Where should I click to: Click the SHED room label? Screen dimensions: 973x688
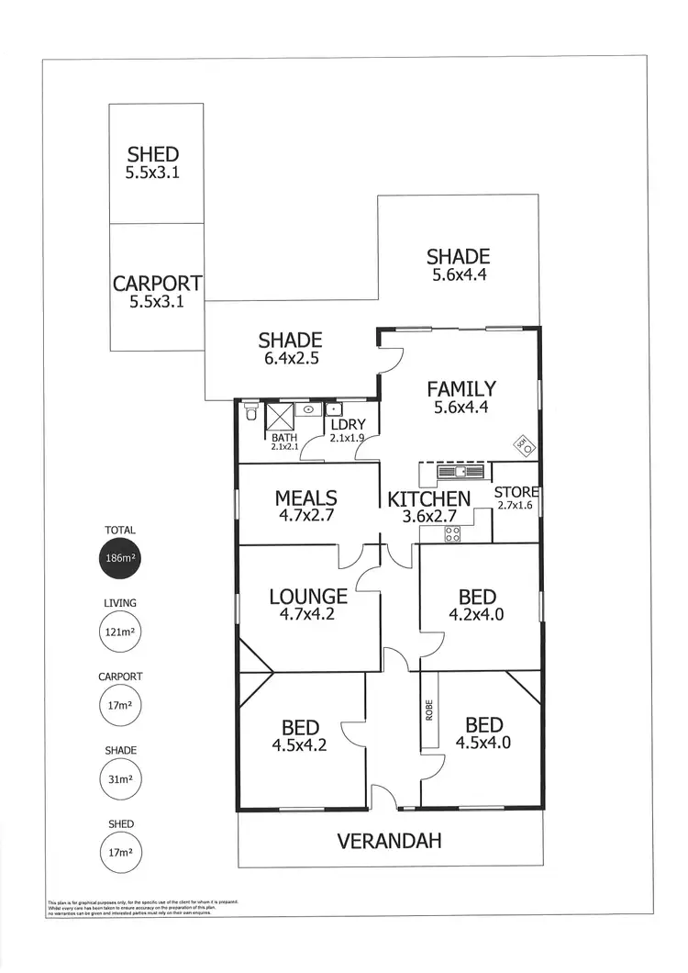click(x=153, y=154)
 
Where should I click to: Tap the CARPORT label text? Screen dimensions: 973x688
click(x=157, y=285)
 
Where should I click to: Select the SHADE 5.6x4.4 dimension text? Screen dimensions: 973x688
click(x=458, y=274)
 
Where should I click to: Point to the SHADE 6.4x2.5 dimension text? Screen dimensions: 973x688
click(x=289, y=359)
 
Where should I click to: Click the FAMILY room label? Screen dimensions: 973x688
click(x=461, y=389)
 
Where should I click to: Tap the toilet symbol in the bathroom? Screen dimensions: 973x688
click(x=251, y=413)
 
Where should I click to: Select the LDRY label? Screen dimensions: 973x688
click(x=348, y=424)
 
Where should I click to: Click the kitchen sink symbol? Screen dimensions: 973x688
click(x=460, y=472)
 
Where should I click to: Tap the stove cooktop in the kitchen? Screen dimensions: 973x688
click(x=451, y=533)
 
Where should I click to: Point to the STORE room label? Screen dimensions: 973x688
click(x=516, y=493)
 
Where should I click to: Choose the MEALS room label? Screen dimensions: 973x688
click(x=306, y=498)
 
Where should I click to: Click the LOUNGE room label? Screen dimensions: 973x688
click(x=308, y=597)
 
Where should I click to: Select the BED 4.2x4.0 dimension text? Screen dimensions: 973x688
click(x=476, y=615)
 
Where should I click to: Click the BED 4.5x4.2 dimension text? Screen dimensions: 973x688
click(x=299, y=745)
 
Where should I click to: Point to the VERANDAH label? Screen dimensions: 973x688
click(x=389, y=841)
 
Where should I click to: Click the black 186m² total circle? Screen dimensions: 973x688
click(x=120, y=558)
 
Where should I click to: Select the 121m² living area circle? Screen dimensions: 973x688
click(x=120, y=632)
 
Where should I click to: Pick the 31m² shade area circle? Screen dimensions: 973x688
click(x=120, y=779)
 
